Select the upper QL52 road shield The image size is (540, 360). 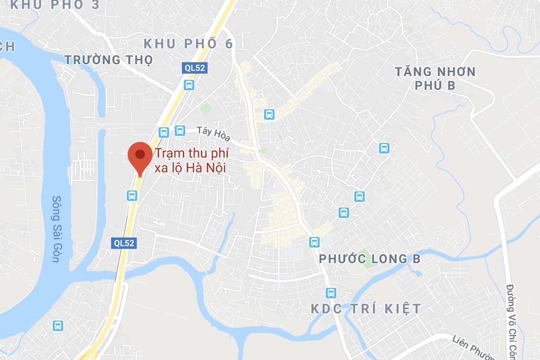(x=195, y=68)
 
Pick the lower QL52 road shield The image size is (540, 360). (x=124, y=243)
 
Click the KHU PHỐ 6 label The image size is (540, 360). (x=189, y=44)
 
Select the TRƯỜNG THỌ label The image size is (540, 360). (x=109, y=60)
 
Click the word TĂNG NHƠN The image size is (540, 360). (x=435, y=72)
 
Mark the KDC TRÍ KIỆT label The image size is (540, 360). (x=366, y=309)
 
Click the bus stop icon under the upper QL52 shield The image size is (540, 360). (x=189, y=85)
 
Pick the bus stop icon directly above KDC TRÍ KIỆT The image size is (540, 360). (x=331, y=293)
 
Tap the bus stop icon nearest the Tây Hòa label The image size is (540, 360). (x=180, y=130)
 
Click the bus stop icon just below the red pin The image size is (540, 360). (x=132, y=195)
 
